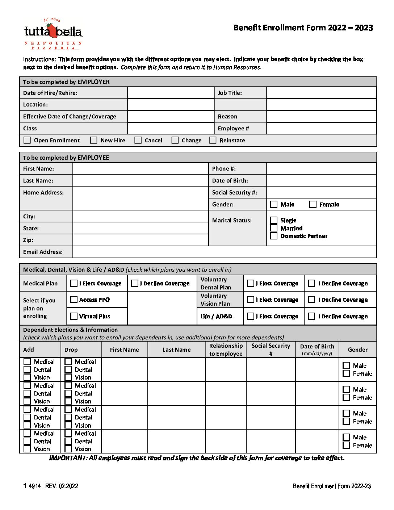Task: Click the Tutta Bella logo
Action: click(x=53, y=33)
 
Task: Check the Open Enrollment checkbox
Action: click(x=27, y=140)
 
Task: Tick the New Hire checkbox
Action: click(x=94, y=140)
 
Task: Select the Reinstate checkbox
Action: click(x=213, y=140)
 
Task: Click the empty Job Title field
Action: click(x=321, y=93)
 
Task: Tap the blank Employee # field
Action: click(x=321, y=128)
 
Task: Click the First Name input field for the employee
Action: click(x=140, y=168)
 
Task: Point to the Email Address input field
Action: click(x=224, y=252)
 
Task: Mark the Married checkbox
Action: click(x=274, y=228)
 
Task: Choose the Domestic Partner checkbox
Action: click(x=274, y=236)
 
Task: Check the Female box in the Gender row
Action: click(x=313, y=204)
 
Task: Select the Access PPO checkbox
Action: click(x=74, y=300)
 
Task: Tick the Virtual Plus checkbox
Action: click(x=74, y=316)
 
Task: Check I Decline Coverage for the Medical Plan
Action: click(x=135, y=283)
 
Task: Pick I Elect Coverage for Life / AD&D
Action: click(x=251, y=316)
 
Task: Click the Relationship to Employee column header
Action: click(x=226, y=350)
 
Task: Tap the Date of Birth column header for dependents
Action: click(x=317, y=349)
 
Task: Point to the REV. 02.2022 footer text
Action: click(x=62, y=486)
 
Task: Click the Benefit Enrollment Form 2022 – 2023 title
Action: click(x=303, y=28)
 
